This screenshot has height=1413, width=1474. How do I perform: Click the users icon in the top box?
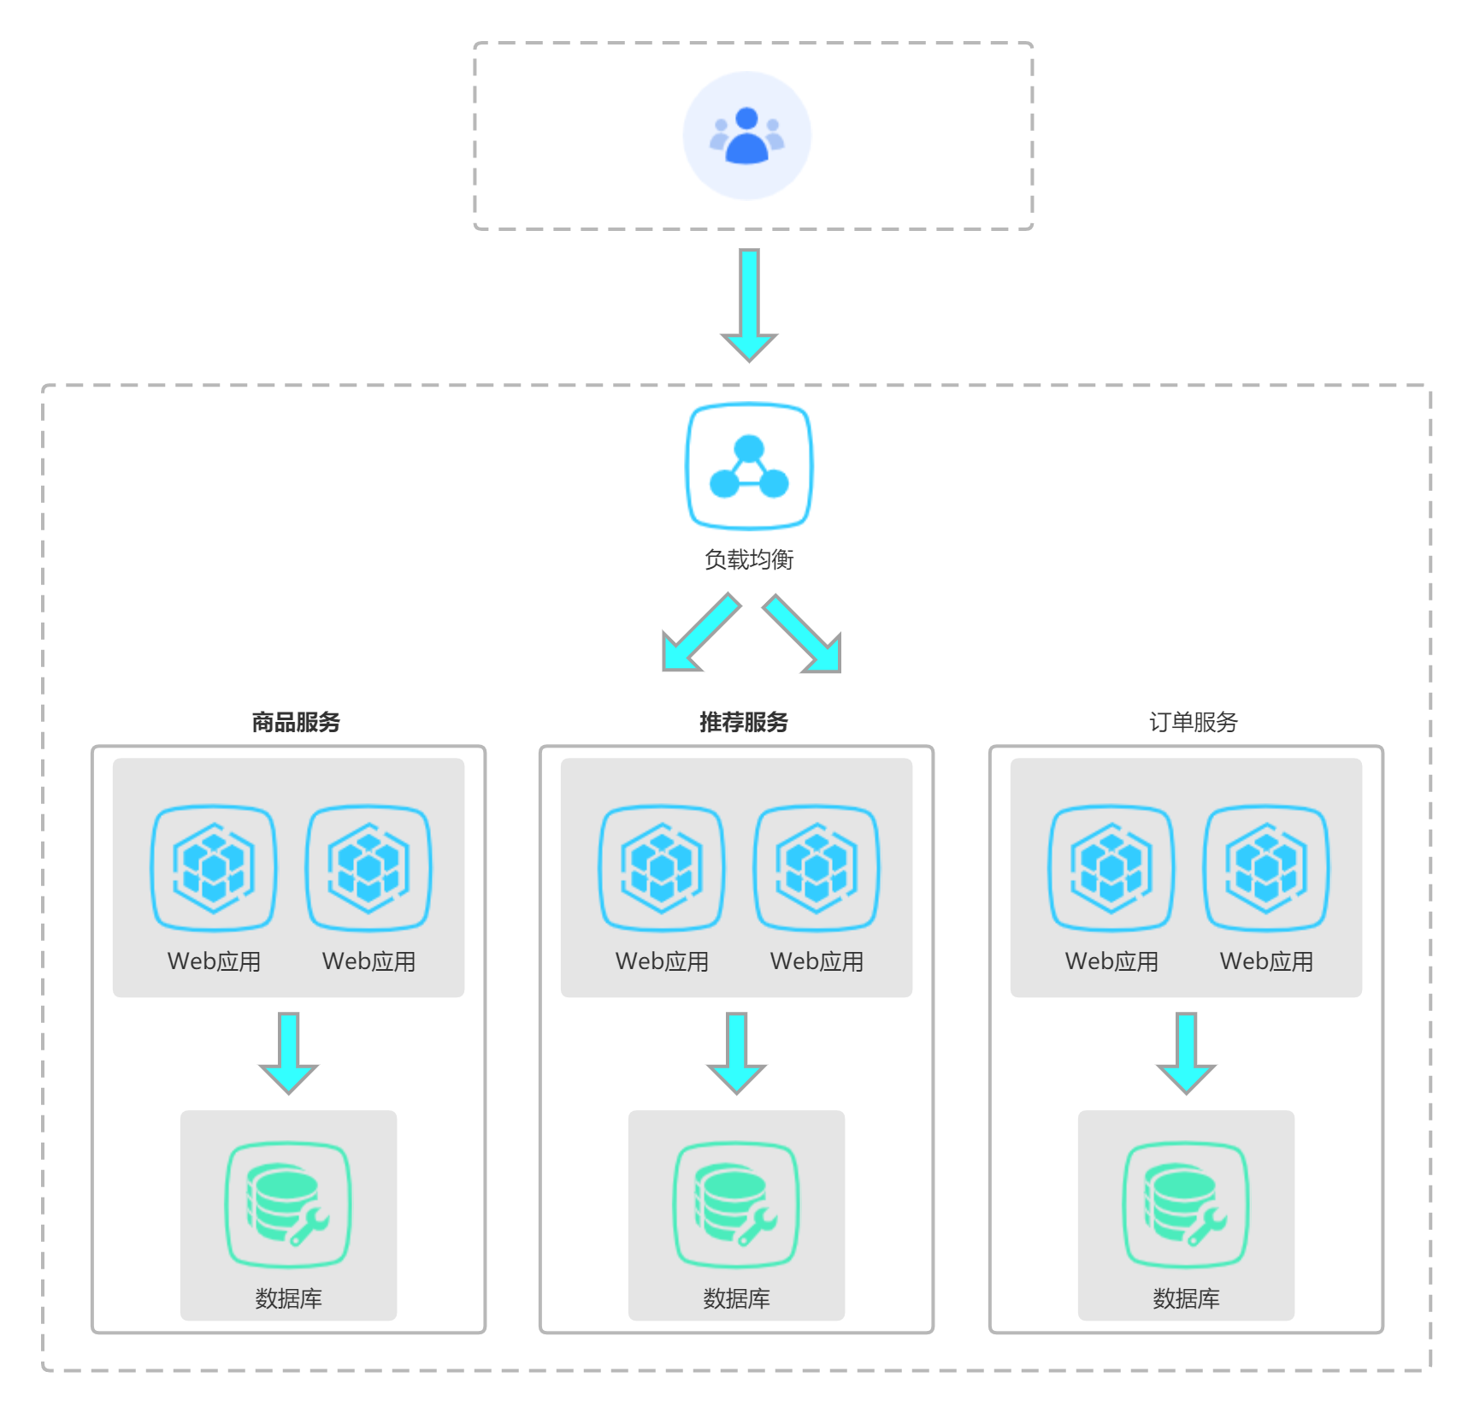pyautogui.click(x=746, y=135)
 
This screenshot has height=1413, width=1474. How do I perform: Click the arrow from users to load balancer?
pyautogui.click(x=749, y=304)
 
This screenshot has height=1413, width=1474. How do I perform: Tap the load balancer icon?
pyautogui.click(x=749, y=466)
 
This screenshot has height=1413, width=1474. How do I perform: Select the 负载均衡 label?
pyautogui.click(x=749, y=559)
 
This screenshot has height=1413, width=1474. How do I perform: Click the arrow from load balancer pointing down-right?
pyautogui.click(x=803, y=635)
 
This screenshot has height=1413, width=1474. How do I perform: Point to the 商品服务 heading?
pyautogui.click(x=296, y=722)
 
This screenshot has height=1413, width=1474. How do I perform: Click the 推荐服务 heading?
pyautogui.click(x=744, y=722)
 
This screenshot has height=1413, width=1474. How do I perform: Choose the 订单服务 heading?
pyautogui.click(x=1193, y=722)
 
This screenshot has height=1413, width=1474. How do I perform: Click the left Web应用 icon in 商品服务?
pyautogui.click(x=214, y=868)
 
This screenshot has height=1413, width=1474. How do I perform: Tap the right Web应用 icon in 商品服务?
pyautogui.click(x=368, y=868)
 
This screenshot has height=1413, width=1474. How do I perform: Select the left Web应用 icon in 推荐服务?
pyautogui.click(x=662, y=868)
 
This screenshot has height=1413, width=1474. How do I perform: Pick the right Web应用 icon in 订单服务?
pyautogui.click(x=1266, y=868)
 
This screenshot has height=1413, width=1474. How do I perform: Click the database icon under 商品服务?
pyautogui.click(x=288, y=1204)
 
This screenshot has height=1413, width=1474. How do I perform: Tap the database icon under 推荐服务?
pyautogui.click(x=736, y=1204)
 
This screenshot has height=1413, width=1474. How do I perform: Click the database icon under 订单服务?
pyautogui.click(x=1186, y=1204)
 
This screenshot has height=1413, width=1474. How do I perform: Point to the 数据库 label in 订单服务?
pyautogui.click(x=1186, y=1298)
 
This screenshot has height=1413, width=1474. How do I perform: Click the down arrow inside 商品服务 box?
pyautogui.click(x=289, y=1052)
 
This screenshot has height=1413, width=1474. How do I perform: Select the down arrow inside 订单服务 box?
pyautogui.click(x=1186, y=1052)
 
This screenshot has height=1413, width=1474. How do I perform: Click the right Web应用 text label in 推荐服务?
pyautogui.click(x=817, y=961)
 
